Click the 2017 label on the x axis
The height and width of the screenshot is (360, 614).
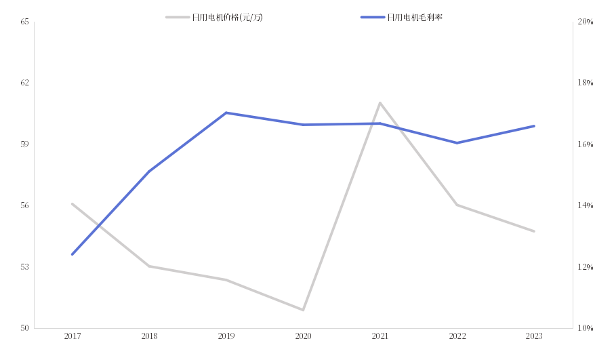click(72, 336)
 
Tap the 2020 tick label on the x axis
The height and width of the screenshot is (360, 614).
click(303, 336)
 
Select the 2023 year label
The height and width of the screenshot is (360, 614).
click(534, 336)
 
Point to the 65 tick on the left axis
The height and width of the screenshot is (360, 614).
click(25, 22)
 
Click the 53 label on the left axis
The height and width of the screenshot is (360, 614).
click(25, 267)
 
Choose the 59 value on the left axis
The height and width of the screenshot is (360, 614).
click(25, 144)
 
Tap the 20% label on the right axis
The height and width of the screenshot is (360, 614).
click(585, 22)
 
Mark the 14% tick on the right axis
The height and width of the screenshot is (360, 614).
click(585, 205)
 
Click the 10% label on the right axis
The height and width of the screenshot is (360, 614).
click(585, 328)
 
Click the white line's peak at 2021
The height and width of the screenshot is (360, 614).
click(380, 102)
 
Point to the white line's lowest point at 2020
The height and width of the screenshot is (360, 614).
click(303, 310)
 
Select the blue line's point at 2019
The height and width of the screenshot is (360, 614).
click(226, 113)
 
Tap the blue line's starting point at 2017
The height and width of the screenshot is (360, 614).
click(72, 255)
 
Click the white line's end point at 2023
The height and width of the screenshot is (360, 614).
click(534, 231)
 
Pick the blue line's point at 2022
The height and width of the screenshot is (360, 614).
click(457, 143)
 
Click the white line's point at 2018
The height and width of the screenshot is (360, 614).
click(149, 266)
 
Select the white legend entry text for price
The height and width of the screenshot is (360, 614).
click(227, 18)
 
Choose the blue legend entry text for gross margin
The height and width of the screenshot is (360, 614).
click(414, 18)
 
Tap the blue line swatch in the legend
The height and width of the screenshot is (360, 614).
click(373, 18)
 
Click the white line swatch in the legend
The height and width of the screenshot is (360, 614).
click(178, 18)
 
